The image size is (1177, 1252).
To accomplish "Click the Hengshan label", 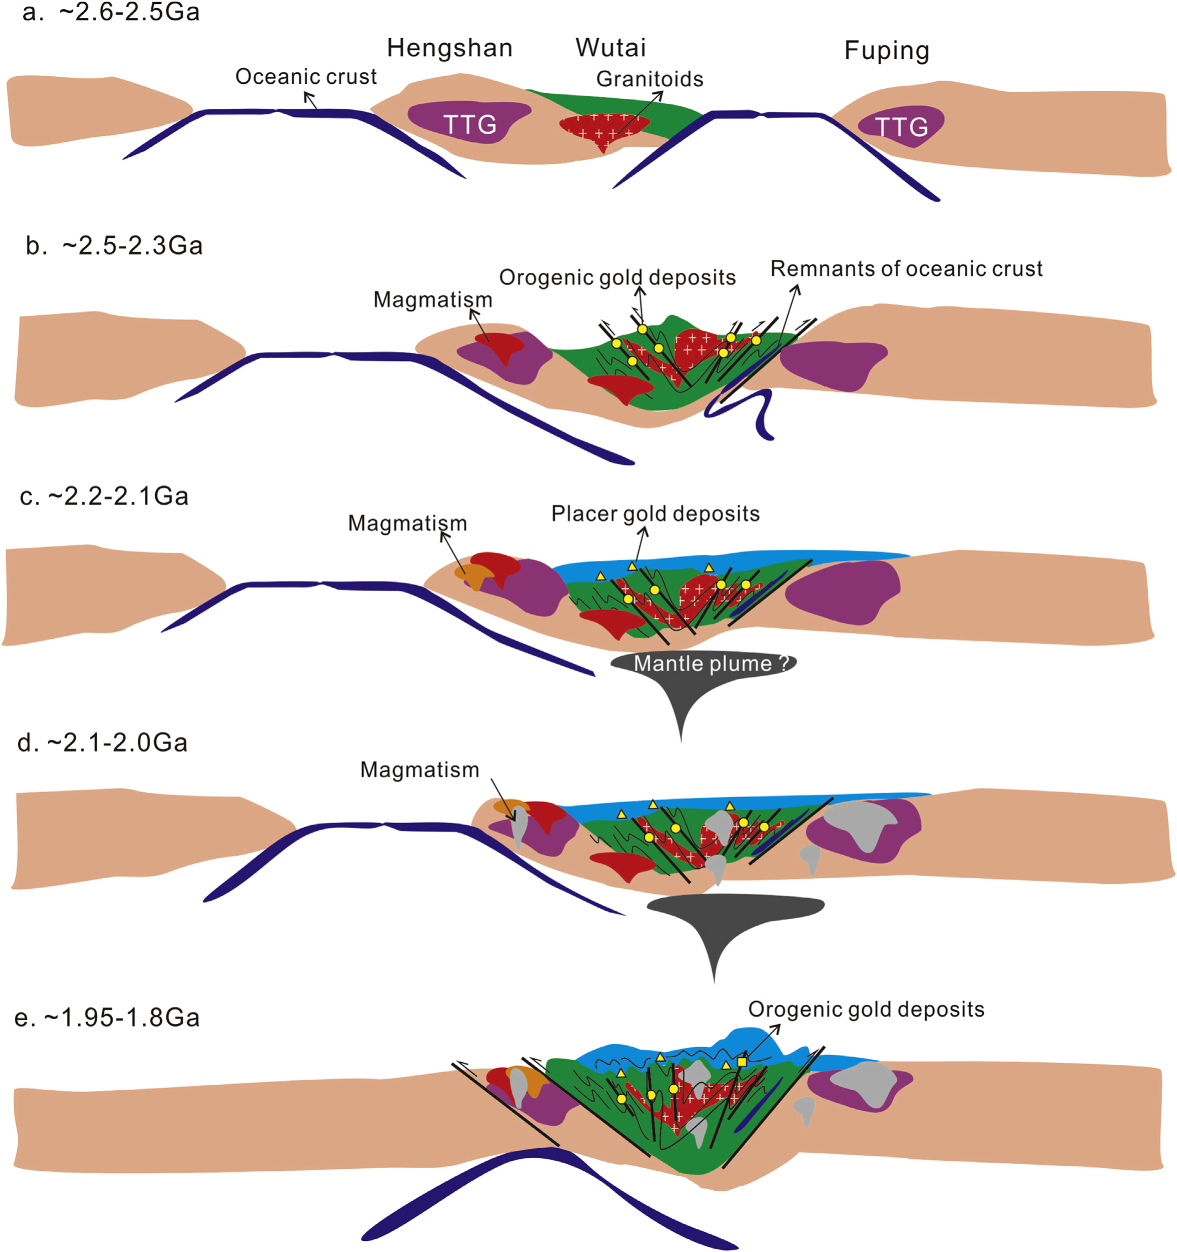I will pos(449,49).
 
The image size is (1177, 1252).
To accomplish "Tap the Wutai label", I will pos(611,48).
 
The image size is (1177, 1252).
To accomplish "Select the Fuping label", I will pos(887,51).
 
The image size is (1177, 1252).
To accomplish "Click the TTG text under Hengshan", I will pos(470,125).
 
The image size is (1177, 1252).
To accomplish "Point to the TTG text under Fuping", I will pos(901,127).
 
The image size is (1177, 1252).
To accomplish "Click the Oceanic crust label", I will pos(305,77).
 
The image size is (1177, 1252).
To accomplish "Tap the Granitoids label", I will pos(649,79).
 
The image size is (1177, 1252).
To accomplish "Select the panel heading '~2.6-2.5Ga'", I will pos(129,13).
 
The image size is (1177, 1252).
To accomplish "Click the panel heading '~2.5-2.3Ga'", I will pos(132,246).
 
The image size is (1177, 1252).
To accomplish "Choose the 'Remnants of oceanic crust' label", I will pos(906,269).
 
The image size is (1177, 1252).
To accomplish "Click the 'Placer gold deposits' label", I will pos(655,514).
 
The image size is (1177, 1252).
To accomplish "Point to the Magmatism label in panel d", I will pos(420,770).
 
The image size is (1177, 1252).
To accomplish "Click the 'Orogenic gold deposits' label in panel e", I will pos(866,1010).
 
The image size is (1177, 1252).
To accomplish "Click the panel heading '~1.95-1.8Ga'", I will pos(121,1018).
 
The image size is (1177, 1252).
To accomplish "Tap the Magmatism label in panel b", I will pos(433,300).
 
